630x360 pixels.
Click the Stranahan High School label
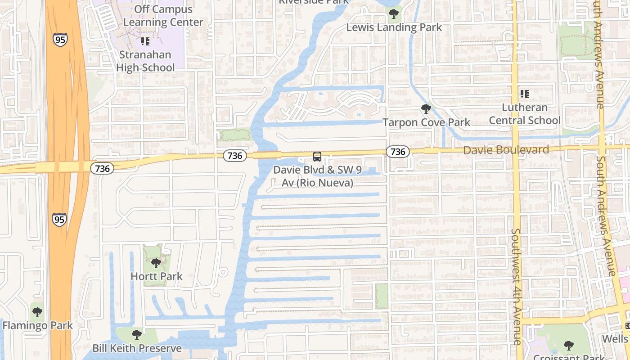click(145, 61)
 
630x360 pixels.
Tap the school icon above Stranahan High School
click(145, 41)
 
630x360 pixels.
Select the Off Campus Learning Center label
click(163, 16)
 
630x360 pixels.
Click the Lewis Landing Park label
click(394, 27)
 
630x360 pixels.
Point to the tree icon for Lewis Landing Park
click(394, 14)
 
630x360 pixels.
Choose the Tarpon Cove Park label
click(426, 122)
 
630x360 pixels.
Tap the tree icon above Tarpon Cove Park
click(426, 109)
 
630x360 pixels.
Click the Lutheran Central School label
click(525, 114)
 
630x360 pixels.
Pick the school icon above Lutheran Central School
click(525, 94)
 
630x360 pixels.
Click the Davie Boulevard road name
click(506, 150)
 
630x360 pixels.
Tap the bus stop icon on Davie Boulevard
click(317, 157)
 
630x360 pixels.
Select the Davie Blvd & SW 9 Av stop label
click(313, 177)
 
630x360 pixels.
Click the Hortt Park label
click(156, 276)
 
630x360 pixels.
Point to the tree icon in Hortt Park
click(156, 263)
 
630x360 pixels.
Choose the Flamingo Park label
click(37, 325)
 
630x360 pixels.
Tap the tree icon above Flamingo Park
click(37, 312)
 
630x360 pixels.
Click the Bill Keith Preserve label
click(137, 348)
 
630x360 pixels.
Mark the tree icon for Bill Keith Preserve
click(137, 335)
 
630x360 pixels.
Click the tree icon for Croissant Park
click(569, 346)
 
